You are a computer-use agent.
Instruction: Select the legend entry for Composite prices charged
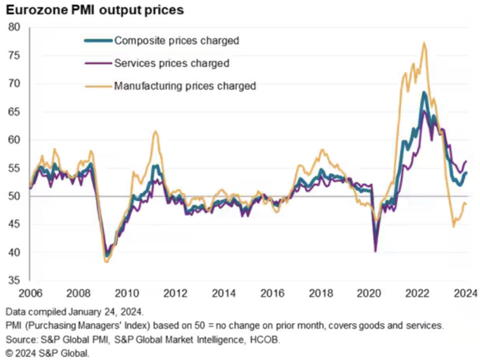tap(177, 40)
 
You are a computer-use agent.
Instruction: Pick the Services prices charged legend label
tap(172, 63)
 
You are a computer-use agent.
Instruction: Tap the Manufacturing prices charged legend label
tap(185, 86)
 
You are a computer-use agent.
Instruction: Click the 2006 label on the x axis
tap(31, 294)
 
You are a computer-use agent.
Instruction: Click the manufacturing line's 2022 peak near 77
tap(424, 43)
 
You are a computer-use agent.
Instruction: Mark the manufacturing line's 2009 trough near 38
tap(107, 262)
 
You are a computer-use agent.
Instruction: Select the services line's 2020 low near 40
tap(375, 252)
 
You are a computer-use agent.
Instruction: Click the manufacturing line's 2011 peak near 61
tap(155, 131)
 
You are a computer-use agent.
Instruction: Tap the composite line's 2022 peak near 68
tap(424, 92)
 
